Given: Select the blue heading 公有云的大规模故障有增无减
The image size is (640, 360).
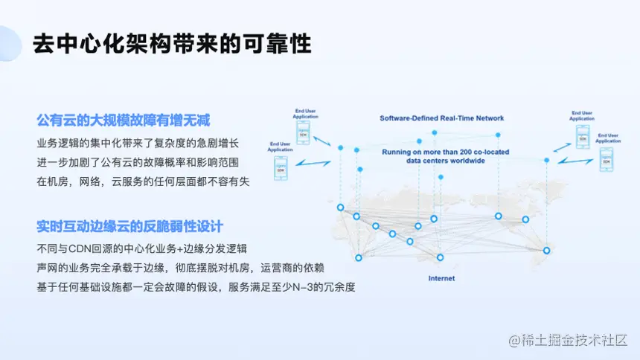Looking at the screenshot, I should tap(124, 120).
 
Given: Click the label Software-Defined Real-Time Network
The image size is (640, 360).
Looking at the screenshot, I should tap(441, 118).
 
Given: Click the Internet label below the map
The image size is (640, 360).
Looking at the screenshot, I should tap(441, 278).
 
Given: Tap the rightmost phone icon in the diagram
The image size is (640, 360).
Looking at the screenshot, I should tap(607, 160).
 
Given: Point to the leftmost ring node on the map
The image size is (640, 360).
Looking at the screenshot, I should tap(340, 208).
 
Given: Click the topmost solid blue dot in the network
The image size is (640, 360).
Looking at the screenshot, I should tap(434, 132).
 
